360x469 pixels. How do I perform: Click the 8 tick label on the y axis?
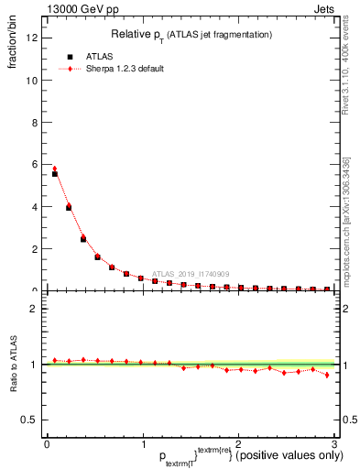(32, 122)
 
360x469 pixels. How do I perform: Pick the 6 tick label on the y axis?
(32, 164)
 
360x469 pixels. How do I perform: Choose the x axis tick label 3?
(335, 444)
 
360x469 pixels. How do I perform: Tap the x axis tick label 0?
(47, 444)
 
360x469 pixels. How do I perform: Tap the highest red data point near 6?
(55, 169)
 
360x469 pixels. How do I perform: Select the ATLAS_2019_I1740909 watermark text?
(191, 273)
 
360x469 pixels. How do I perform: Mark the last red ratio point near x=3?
(327, 375)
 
